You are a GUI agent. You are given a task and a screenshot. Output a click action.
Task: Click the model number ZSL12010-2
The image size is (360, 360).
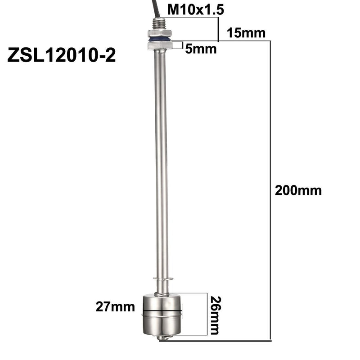click(x=62, y=55)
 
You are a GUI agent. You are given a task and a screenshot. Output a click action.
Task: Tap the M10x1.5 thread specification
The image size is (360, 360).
click(x=196, y=10)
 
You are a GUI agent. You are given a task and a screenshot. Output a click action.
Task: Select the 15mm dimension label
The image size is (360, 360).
click(x=246, y=33)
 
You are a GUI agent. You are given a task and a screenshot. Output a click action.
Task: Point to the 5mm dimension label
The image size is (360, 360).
click(x=201, y=49)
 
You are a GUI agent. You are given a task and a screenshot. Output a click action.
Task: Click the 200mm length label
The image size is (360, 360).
click(x=298, y=190)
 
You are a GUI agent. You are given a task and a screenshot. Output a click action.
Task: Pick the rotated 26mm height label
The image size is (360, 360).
click(x=216, y=315)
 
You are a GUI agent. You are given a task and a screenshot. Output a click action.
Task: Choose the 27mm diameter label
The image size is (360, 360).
click(x=115, y=307)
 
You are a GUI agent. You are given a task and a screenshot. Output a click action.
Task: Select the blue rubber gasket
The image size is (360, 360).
click(x=159, y=39)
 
